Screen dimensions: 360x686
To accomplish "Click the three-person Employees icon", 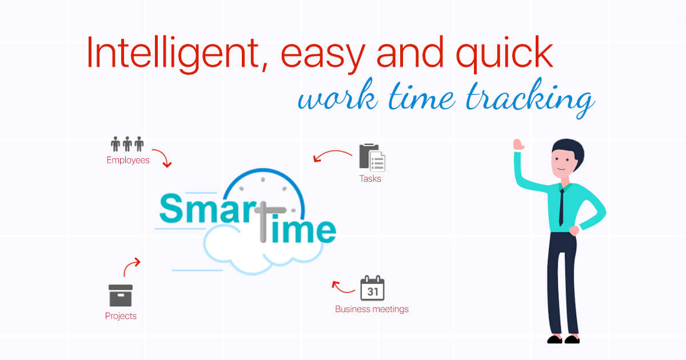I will coord(127,144).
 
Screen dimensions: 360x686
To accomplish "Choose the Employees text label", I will coord(128,161).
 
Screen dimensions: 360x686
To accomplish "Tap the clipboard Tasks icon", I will coord(372,157).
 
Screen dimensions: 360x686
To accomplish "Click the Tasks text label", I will coord(370,179).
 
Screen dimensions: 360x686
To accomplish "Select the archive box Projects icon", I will coord(121,295).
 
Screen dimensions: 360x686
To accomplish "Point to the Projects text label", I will coord(121,316).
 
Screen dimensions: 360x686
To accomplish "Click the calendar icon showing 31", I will coord(372,289).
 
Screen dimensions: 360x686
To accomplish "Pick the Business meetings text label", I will coord(372,310).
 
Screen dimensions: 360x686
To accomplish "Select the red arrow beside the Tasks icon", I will coord(332,155).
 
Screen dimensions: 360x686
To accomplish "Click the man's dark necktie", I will coord(563,206).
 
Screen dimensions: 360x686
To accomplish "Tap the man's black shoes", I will coord(563,339).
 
